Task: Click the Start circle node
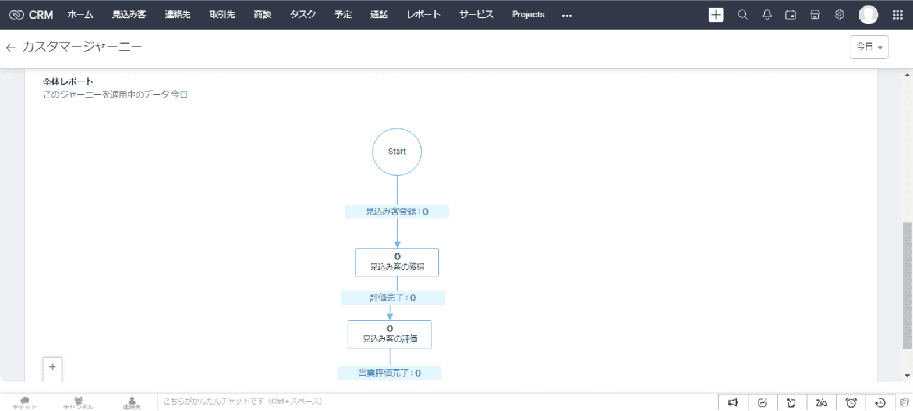(x=397, y=152)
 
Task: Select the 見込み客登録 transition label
(x=397, y=212)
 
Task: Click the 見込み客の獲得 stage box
(x=397, y=262)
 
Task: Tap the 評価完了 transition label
(x=392, y=298)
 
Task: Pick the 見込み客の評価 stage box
(x=390, y=334)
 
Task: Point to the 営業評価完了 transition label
(x=389, y=373)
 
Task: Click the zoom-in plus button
(x=52, y=366)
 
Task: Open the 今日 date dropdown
(x=869, y=47)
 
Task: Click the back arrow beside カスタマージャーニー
(x=10, y=48)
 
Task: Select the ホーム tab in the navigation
(x=80, y=15)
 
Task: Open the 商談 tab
(x=263, y=15)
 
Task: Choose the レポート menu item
(x=423, y=15)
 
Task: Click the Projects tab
(x=528, y=15)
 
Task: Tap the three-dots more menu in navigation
(x=567, y=16)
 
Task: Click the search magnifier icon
(x=742, y=15)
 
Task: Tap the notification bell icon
(x=767, y=15)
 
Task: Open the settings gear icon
(x=839, y=15)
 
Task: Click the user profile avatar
(x=868, y=15)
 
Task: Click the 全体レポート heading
(x=68, y=81)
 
